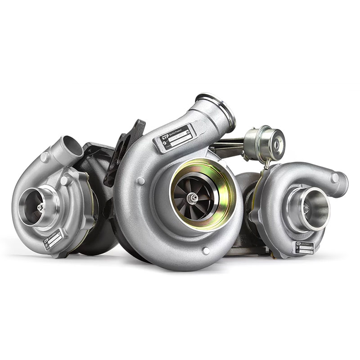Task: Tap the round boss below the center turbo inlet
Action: [x=206, y=251]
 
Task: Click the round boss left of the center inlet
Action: [x=141, y=181]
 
